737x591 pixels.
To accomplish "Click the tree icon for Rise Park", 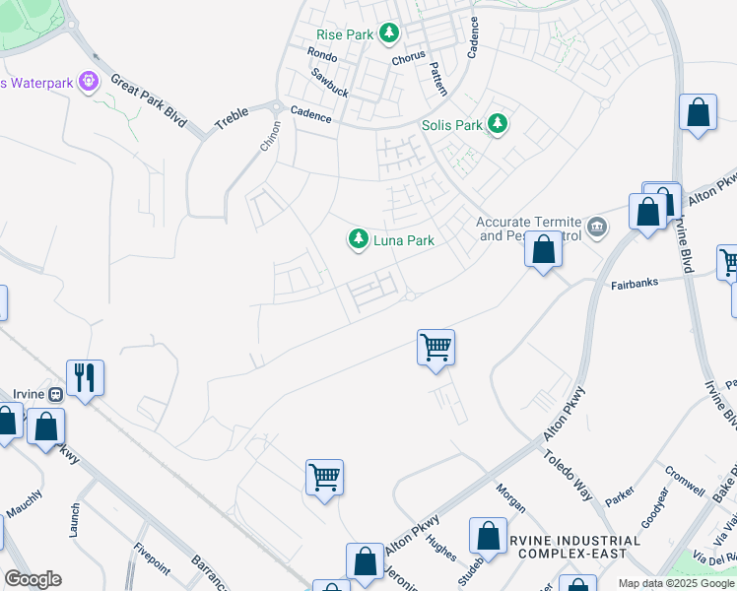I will [390, 34].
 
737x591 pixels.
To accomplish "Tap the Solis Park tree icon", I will [499, 125].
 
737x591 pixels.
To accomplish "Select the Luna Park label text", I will [403, 240].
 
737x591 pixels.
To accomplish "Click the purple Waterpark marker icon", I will [90, 82].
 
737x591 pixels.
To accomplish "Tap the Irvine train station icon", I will [56, 394].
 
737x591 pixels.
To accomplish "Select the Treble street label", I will [233, 116].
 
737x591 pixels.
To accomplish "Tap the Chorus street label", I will [408, 58].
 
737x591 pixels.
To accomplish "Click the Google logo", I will [33, 578].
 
